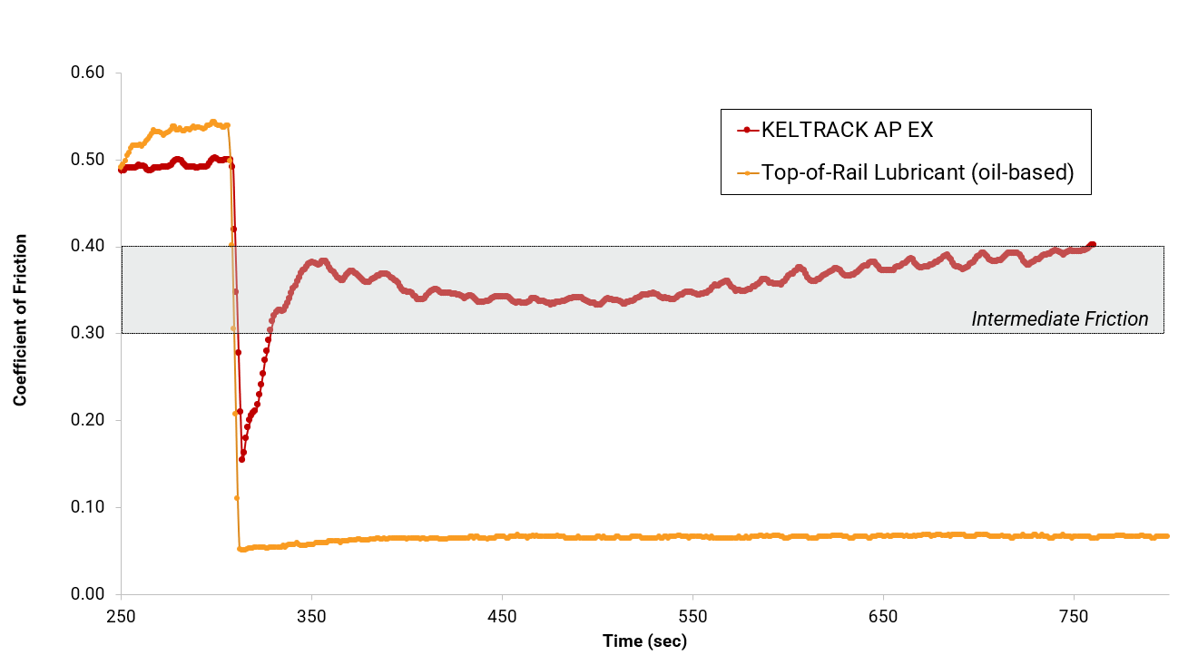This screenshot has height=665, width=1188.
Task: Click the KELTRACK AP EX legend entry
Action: point(847,130)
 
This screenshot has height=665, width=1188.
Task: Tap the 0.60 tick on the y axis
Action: point(88,73)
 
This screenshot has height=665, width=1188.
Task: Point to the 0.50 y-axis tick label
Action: point(88,160)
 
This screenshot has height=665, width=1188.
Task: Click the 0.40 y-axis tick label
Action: point(88,247)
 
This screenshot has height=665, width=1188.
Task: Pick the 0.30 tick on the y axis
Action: point(88,333)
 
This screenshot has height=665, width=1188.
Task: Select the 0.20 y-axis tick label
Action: point(88,420)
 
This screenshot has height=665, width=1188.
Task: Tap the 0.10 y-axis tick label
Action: point(88,507)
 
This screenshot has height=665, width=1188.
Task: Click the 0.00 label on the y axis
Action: point(88,594)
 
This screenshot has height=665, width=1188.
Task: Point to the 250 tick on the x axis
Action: point(121,617)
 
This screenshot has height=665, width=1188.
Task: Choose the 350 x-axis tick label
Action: point(311,617)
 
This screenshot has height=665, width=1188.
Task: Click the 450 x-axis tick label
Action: point(502,617)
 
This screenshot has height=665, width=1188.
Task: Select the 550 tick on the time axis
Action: point(692,617)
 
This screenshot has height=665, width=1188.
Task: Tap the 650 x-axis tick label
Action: point(883,617)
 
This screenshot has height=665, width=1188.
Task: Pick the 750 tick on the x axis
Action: point(1074,617)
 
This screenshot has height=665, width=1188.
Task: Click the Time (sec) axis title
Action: point(644,641)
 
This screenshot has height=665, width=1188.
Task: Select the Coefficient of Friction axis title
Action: point(20,319)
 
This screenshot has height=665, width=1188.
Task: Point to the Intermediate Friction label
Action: point(1059,319)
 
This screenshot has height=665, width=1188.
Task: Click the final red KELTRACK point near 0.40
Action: point(1093,244)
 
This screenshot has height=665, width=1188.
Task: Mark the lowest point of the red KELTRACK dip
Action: point(241,459)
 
